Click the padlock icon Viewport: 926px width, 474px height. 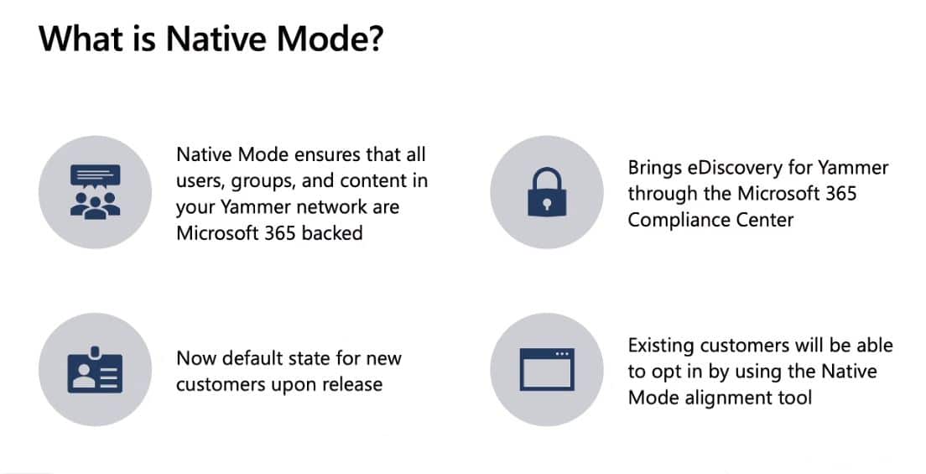(x=547, y=192)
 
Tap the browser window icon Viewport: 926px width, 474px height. (x=547, y=369)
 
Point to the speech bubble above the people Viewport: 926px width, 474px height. (x=95, y=176)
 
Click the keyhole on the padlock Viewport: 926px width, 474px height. (x=547, y=204)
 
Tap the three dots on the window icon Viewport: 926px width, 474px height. (x=562, y=354)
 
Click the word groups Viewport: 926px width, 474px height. (x=263, y=181)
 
